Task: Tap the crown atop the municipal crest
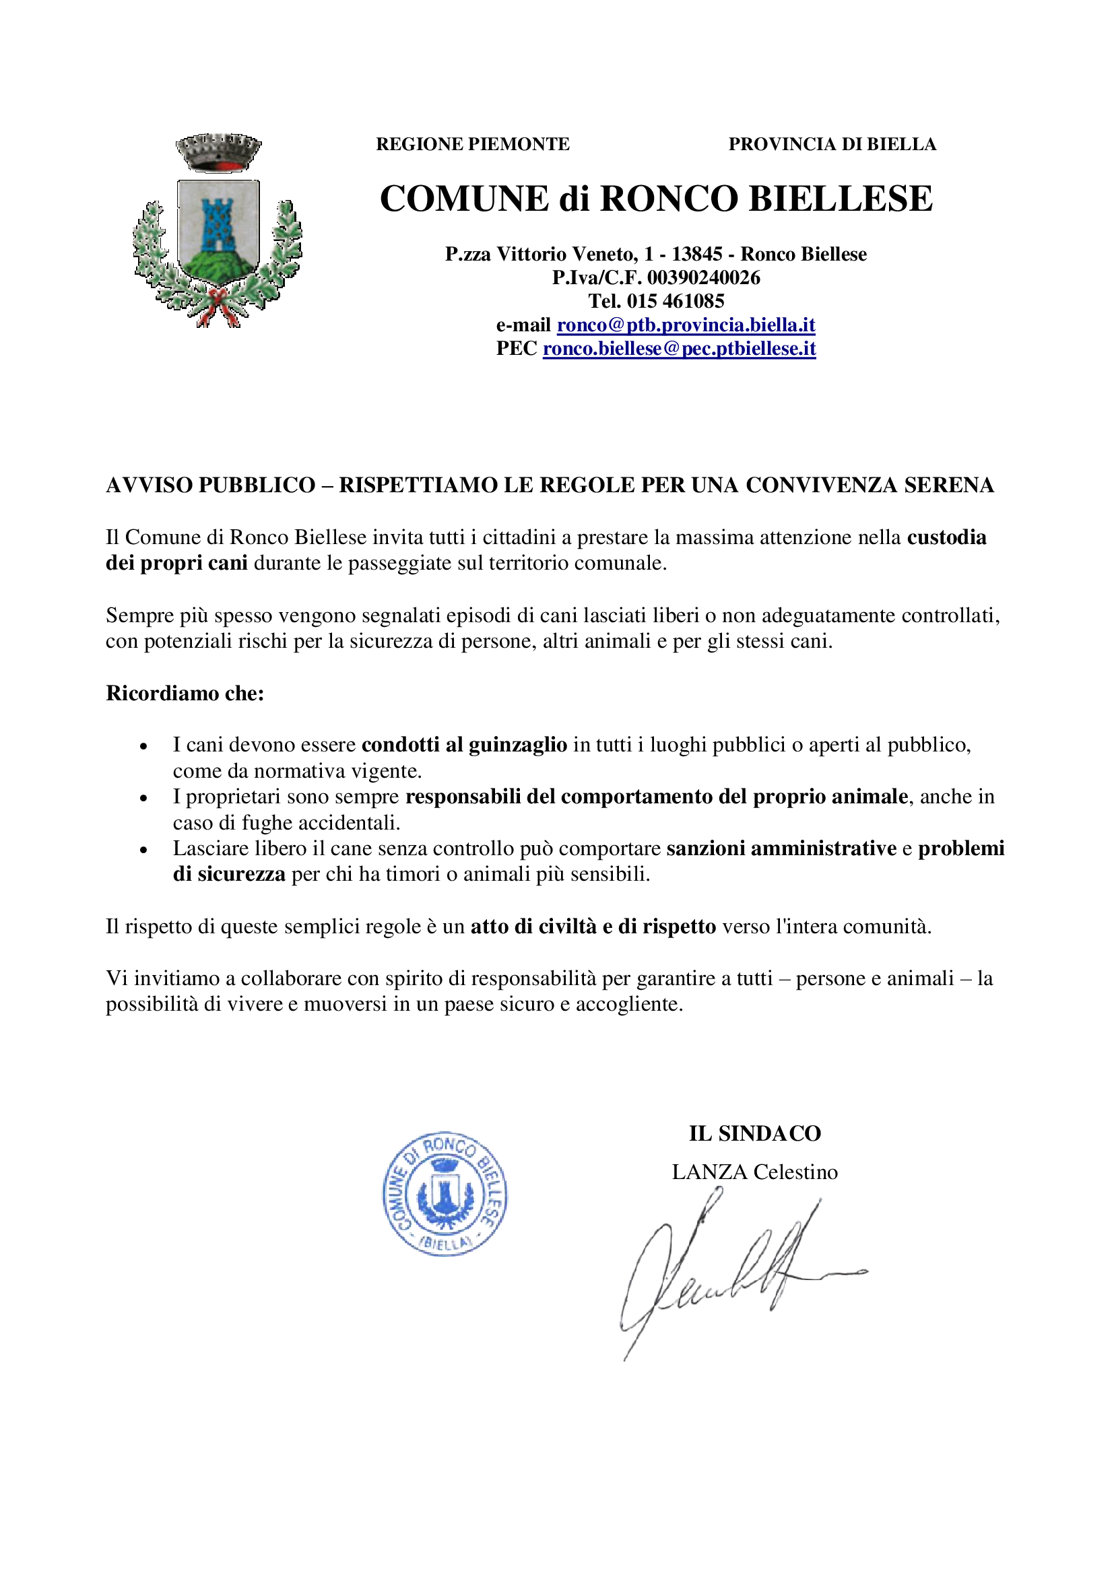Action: point(218,152)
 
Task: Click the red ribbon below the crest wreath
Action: point(218,305)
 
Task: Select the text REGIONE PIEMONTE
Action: point(473,144)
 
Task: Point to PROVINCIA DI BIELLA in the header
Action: point(832,144)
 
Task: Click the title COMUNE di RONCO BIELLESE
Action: point(656,199)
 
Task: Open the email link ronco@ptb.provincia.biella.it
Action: point(686,325)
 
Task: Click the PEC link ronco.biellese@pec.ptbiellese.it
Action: point(679,349)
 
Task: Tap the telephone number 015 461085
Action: point(675,301)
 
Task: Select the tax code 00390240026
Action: point(704,278)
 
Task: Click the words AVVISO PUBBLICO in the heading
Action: point(211,485)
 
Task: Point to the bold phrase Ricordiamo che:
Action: point(185,694)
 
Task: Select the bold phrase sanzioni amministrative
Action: point(781,848)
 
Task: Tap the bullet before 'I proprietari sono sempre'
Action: point(143,799)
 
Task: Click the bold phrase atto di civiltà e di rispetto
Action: point(593,927)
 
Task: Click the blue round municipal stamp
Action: point(445,1194)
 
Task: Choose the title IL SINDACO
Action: point(754,1134)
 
